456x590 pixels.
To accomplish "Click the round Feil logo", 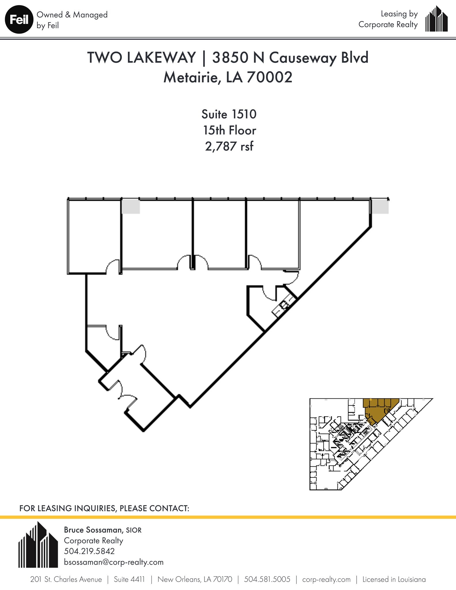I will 19,20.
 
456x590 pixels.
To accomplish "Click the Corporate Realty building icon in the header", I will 436,19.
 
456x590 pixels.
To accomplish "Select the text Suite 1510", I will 229,114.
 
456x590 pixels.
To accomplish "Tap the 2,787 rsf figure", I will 229,146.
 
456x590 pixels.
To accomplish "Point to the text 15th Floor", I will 229,131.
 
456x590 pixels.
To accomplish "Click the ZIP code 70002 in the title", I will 269,77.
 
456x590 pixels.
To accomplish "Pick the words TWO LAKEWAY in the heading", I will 141,58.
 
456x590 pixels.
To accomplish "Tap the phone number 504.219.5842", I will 89,551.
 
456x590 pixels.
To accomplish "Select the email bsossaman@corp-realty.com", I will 113,562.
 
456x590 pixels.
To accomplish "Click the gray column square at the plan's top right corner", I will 379,207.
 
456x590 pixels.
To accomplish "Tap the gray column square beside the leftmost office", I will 131,207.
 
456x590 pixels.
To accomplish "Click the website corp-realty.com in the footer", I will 326,579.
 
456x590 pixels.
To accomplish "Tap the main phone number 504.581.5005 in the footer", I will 267,579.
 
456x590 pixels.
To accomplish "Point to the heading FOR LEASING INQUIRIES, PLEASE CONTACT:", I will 104,508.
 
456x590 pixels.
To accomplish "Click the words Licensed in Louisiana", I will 394,579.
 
